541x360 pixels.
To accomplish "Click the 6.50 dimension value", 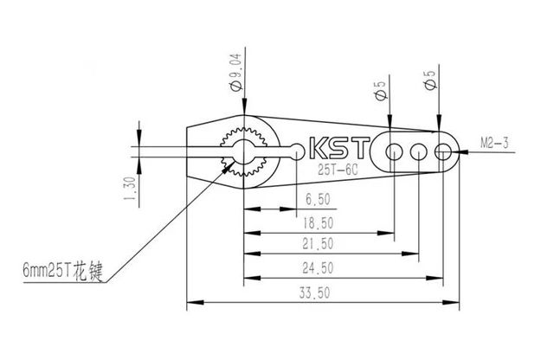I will pos(318,198).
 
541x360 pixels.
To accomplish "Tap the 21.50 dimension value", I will pos(318,243).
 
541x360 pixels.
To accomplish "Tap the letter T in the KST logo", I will pos(361,148).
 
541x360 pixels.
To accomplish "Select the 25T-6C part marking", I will pos(332,170).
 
